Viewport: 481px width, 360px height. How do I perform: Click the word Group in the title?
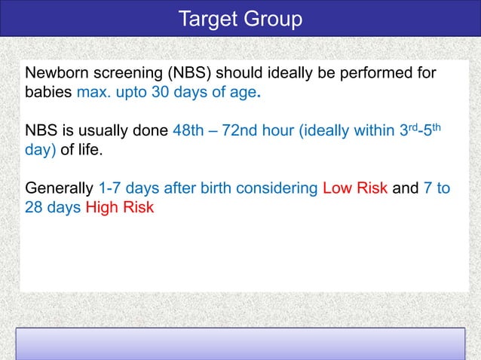coord(274,19)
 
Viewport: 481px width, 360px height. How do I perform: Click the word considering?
coord(277,188)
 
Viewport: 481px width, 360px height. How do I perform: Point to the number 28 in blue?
coord(34,207)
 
